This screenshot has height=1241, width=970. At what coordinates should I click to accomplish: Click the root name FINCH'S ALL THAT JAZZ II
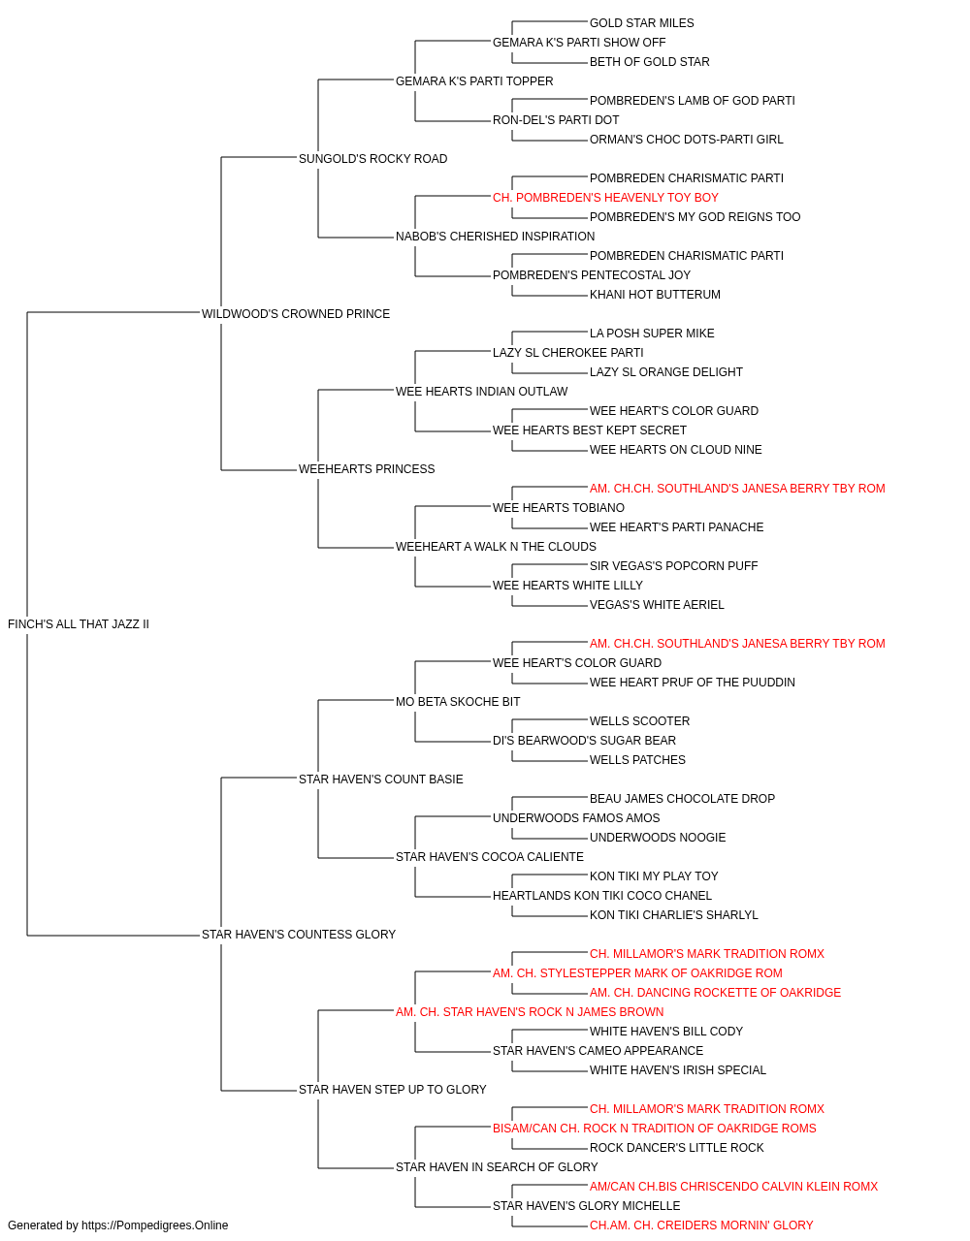tap(79, 624)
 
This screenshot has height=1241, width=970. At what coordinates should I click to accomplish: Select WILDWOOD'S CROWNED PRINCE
tap(295, 313)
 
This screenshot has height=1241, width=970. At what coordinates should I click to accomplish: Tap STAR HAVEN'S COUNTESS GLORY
tap(298, 935)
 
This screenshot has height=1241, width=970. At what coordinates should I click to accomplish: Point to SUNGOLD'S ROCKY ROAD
tap(372, 159)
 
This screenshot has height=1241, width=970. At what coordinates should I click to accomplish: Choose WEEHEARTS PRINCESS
tap(367, 469)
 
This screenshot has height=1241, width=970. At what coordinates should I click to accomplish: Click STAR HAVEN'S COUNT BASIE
tap(380, 779)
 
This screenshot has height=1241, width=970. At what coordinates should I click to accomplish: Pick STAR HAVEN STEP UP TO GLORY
tap(392, 1089)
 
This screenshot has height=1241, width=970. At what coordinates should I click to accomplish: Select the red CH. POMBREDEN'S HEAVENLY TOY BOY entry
tap(605, 198)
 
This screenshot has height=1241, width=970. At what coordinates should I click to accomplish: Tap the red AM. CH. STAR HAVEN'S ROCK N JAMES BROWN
tap(529, 1012)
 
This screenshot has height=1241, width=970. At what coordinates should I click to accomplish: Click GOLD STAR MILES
tap(641, 23)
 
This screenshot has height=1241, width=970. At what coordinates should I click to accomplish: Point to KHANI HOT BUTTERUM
tap(654, 294)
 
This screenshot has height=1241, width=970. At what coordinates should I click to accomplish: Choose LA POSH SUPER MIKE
tap(651, 333)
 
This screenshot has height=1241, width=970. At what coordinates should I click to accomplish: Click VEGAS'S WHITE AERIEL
tap(656, 604)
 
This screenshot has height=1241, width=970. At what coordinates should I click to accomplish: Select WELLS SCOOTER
tap(639, 720)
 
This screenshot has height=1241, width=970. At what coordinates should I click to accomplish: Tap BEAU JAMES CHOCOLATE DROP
tap(682, 798)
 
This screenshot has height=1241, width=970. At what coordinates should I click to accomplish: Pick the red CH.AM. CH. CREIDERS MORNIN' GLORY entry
tap(700, 1225)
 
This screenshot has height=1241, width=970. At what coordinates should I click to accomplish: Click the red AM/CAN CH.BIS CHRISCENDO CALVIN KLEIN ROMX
tap(733, 1186)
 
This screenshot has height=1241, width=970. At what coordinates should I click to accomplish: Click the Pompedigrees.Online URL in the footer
tap(154, 1225)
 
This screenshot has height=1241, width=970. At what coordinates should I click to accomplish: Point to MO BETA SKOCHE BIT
tap(458, 701)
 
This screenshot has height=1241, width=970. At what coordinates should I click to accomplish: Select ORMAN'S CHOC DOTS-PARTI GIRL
tap(686, 140)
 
